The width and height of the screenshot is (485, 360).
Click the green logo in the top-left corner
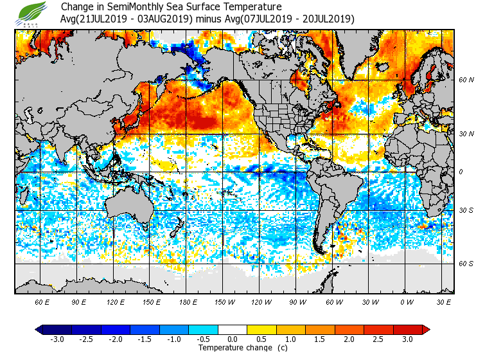pyautogui.click(x=33, y=13)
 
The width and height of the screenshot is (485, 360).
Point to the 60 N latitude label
pyautogui.click(x=466, y=80)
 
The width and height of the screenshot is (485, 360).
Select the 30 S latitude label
pyautogui.click(x=466, y=211)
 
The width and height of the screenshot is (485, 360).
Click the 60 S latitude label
pyautogui.click(x=466, y=264)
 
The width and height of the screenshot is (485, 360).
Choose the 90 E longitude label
pyautogui.click(x=79, y=301)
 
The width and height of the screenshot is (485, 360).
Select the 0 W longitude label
pyautogui.click(x=406, y=301)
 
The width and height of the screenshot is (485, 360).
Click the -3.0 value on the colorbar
pyautogui.click(x=58, y=339)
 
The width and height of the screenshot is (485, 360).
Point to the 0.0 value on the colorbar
pyautogui.click(x=233, y=339)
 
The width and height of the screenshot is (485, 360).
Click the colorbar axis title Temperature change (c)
pyautogui.click(x=234, y=348)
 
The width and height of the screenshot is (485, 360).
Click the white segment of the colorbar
pyautogui.click(x=233, y=329)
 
